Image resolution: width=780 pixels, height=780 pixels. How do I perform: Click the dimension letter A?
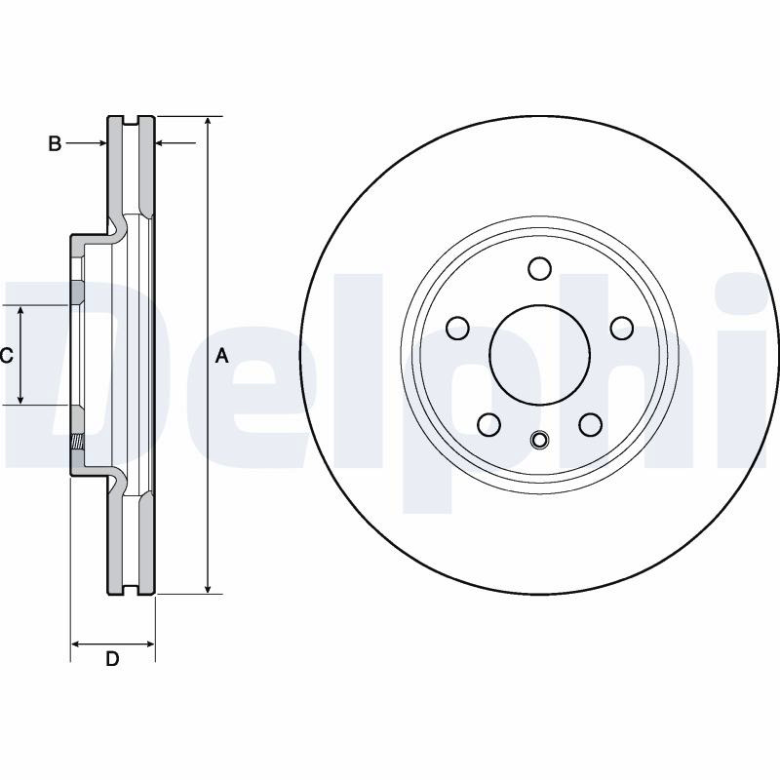(x=222, y=356)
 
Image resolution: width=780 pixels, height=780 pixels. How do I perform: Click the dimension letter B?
(x=55, y=143)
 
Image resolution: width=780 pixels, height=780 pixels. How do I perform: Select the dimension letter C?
(x=6, y=356)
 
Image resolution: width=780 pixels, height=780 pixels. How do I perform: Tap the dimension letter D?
(x=112, y=659)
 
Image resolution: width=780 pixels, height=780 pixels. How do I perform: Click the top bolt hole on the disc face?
(x=540, y=269)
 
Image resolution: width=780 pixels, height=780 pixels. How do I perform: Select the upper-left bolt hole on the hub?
(x=457, y=328)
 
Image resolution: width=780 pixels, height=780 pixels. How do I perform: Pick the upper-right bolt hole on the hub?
(x=622, y=328)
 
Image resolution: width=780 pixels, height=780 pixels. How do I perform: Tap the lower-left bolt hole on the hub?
(x=489, y=424)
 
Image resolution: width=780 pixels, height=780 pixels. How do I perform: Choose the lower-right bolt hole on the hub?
(x=591, y=424)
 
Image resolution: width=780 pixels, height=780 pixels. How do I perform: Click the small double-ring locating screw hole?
(x=540, y=440)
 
